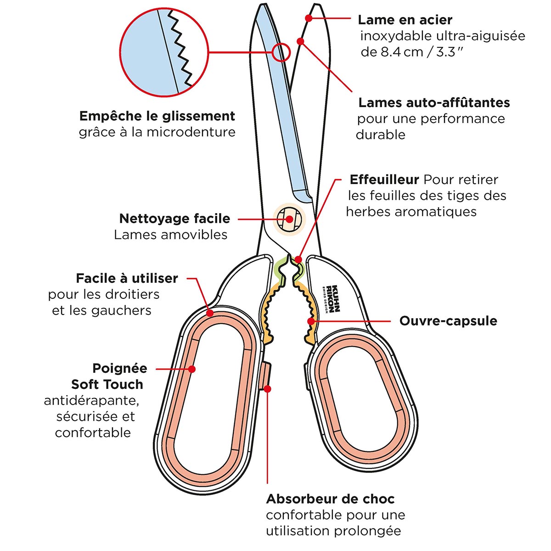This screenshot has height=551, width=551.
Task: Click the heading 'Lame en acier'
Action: tap(405, 20)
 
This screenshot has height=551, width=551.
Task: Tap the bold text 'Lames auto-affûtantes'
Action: tap(434, 102)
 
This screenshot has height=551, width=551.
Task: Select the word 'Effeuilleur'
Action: tap(384, 180)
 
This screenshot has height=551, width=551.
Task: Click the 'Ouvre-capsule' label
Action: tap(448, 320)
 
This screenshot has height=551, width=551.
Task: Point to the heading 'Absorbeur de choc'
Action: tap(330, 499)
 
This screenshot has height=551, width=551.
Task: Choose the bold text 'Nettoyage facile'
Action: tap(174, 219)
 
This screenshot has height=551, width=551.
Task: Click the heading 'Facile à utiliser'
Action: tap(127, 278)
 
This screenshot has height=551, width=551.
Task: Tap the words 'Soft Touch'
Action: tap(107, 384)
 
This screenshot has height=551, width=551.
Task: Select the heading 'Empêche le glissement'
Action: tap(157, 116)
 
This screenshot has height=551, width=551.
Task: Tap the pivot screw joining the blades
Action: tap(289, 219)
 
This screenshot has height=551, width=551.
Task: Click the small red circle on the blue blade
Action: tap(281, 52)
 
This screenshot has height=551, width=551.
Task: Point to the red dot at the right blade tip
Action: tap(309, 18)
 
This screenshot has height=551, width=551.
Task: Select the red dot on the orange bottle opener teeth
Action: tap(311, 321)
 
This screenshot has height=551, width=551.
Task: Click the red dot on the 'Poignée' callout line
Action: tap(192, 369)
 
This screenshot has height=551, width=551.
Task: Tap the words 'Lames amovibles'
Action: tap(171, 235)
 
